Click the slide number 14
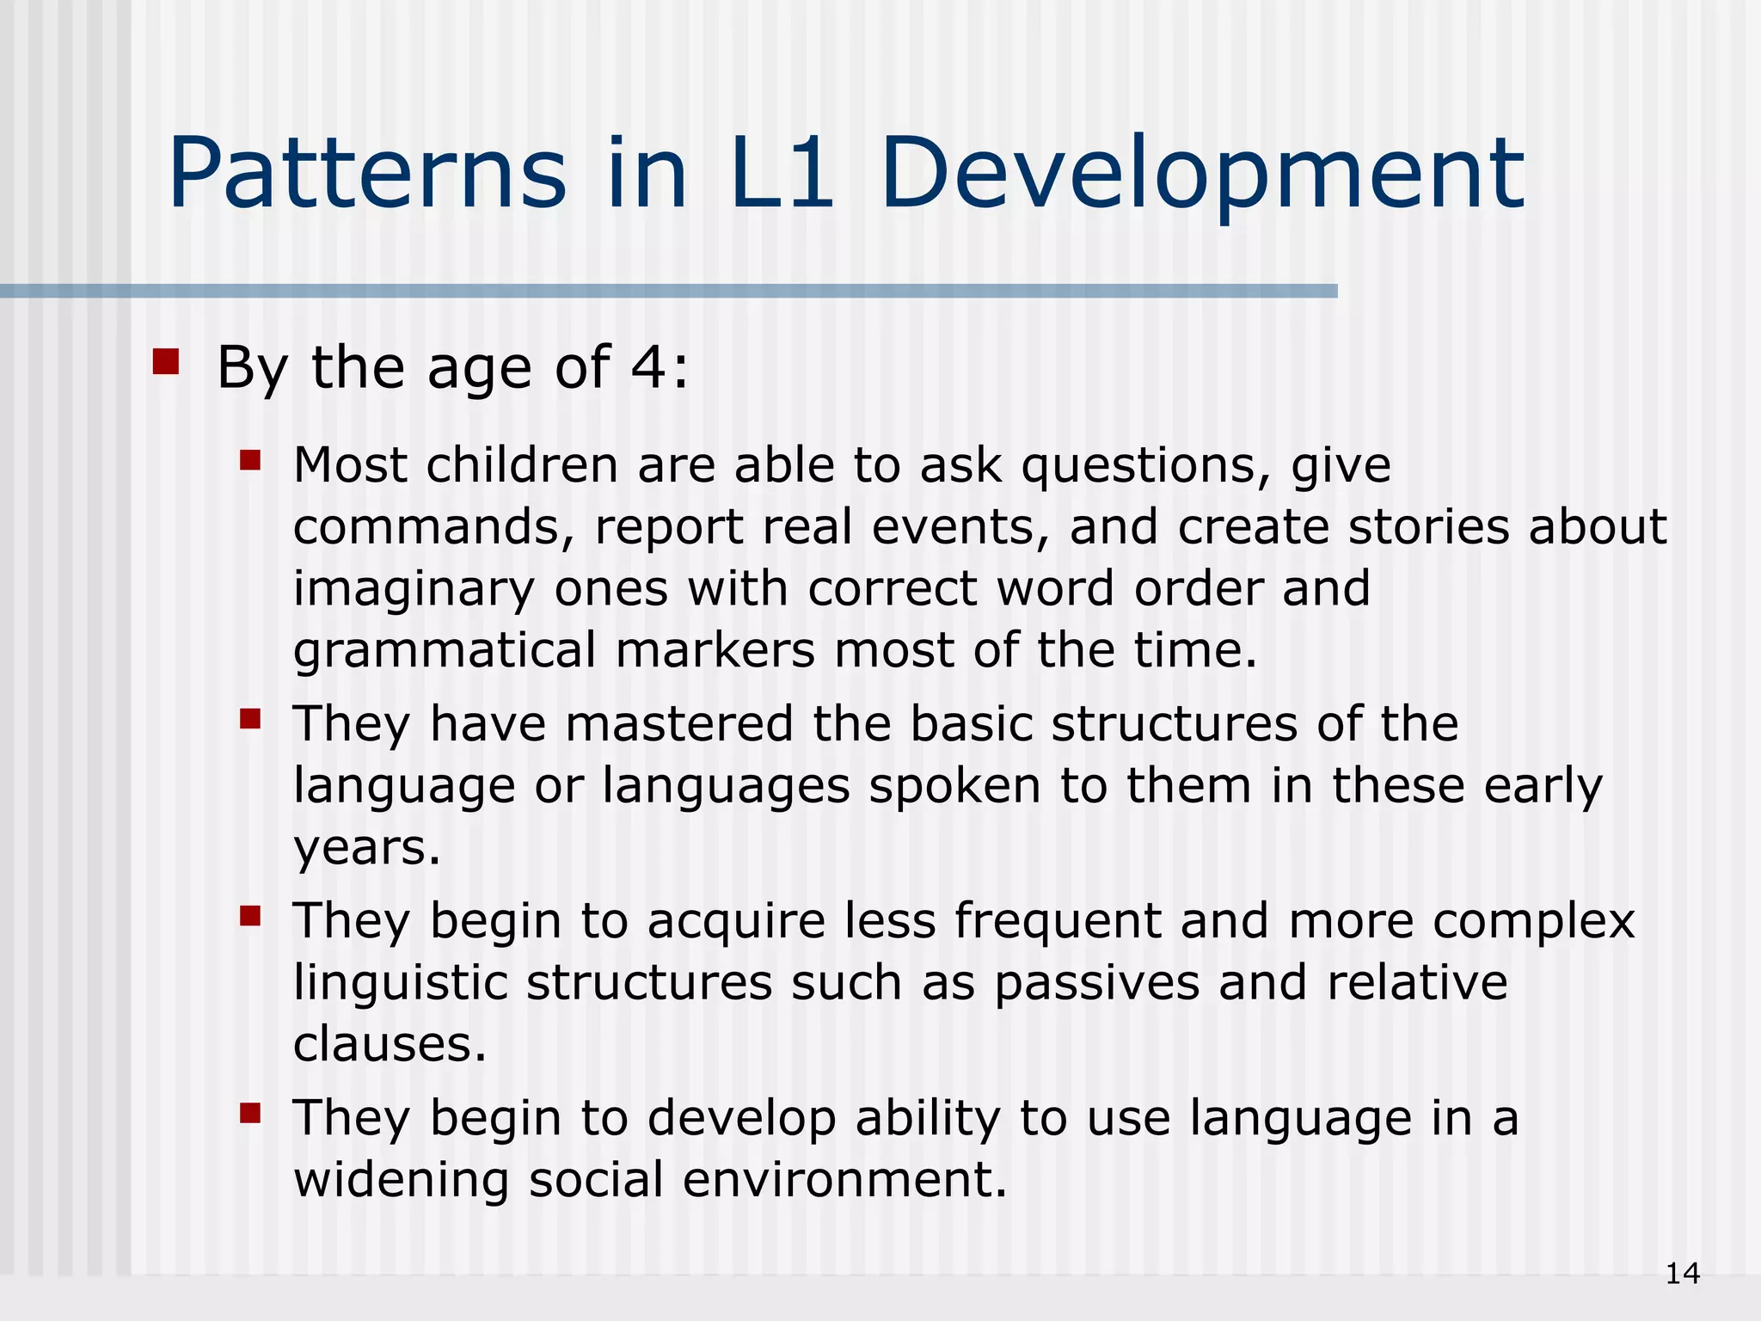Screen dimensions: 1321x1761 (x=1682, y=1274)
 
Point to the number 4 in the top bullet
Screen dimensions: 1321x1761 (x=648, y=367)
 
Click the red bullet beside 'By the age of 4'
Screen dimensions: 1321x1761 (x=165, y=362)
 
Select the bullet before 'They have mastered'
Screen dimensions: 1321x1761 (x=250, y=718)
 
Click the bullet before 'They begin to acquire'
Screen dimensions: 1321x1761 (x=250, y=916)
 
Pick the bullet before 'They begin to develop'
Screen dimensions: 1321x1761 (x=250, y=1114)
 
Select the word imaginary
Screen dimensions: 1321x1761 (x=414, y=591)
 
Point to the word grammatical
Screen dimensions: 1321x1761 (x=445, y=651)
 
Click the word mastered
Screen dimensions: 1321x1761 (x=679, y=723)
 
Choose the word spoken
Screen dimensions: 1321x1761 (x=954, y=786)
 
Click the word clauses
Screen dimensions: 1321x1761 (x=390, y=1044)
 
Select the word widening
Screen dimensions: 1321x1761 (x=401, y=1180)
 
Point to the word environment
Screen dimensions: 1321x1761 (x=844, y=1180)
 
